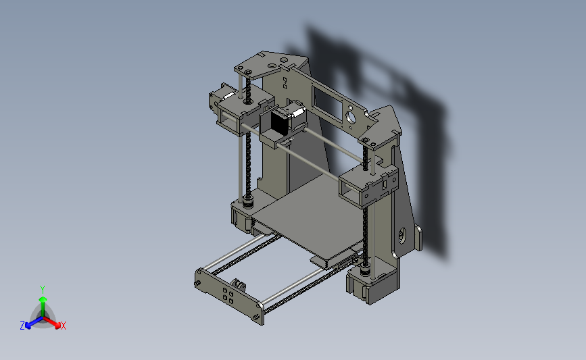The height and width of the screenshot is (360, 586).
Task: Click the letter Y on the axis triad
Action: click(x=42, y=290)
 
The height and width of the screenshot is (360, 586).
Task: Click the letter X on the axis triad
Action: click(x=63, y=326)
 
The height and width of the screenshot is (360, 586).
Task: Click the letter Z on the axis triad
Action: click(x=22, y=326)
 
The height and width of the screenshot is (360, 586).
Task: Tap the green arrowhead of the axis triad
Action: click(x=43, y=299)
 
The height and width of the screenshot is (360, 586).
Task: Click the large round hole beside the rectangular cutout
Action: click(x=351, y=118)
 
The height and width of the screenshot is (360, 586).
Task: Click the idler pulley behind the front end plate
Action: click(x=238, y=284)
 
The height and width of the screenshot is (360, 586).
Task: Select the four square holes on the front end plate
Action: click(x=228, y=294)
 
